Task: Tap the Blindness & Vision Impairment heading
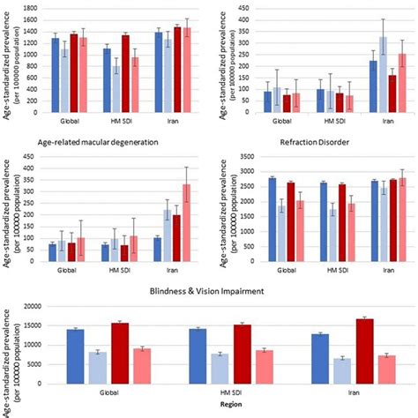(x=208, y=290)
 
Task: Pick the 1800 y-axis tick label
(x=28, y=7)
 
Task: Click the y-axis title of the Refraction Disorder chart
(x=218, y=208)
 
